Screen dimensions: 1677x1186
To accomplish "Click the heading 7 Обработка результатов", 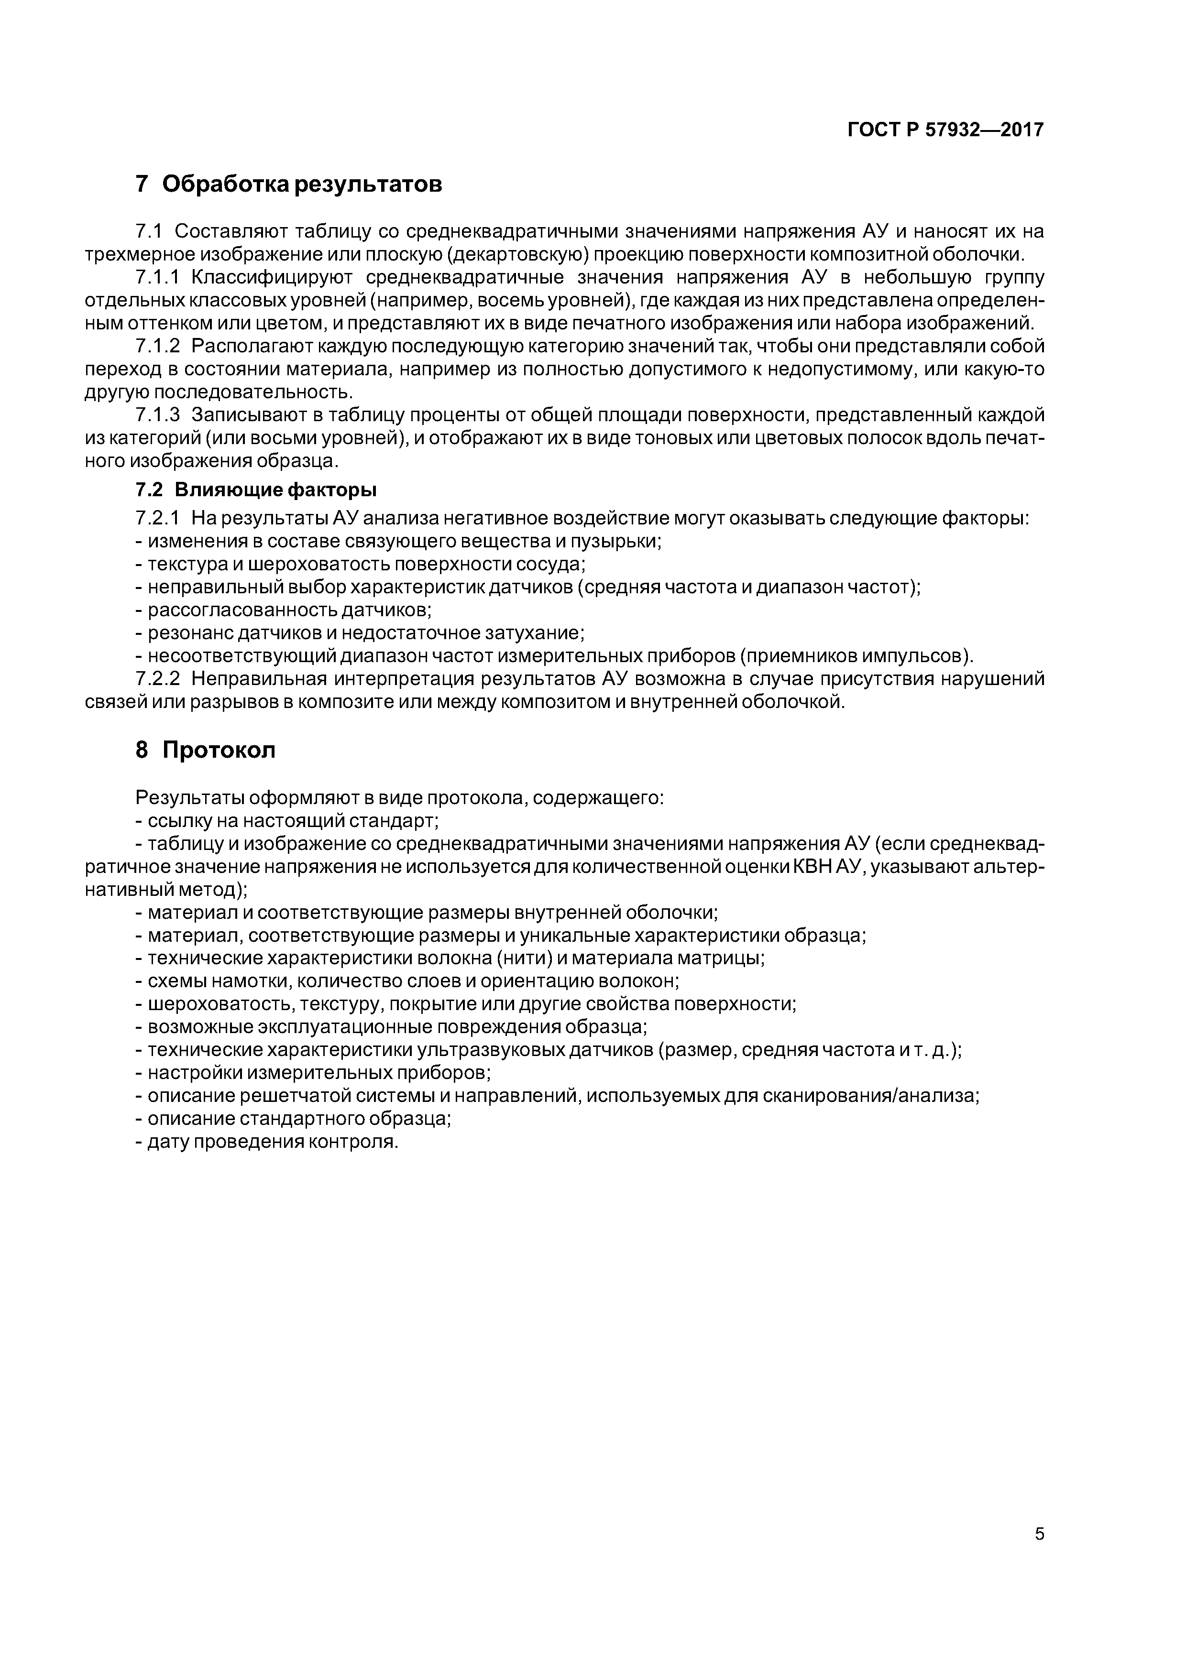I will (x=289, y=184).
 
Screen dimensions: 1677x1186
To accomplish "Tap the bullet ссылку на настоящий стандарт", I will (x=287, y=820).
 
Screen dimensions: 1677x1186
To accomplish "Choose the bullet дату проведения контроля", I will (x=267, y=1142).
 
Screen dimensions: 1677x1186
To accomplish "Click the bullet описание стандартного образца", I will (x=294, y=1118).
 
